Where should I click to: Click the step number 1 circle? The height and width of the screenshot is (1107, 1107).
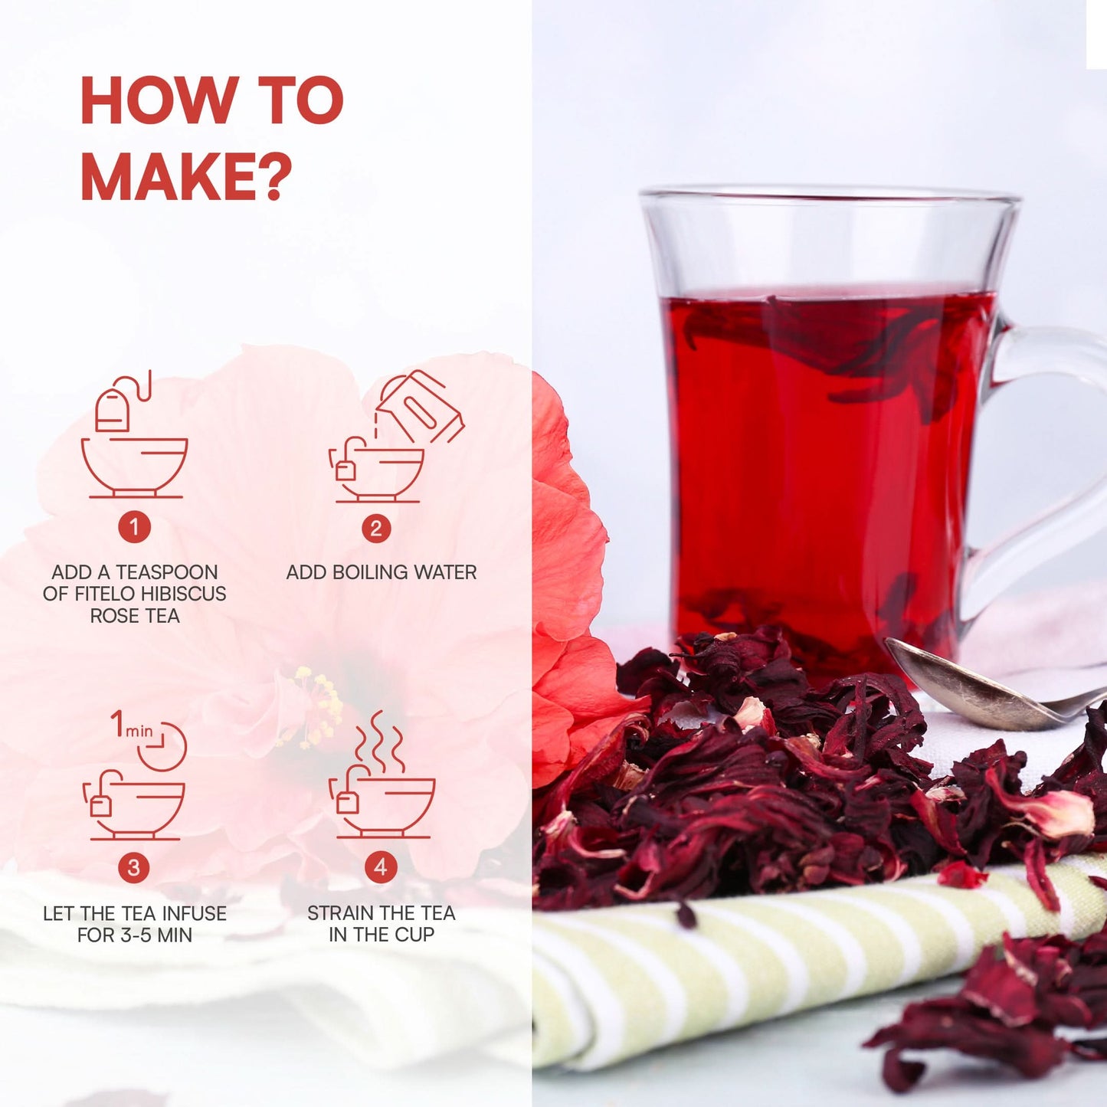pyautogui.click(x=134, y=527)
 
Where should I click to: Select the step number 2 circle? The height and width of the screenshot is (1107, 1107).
pyautogui.click(x=376, y=528)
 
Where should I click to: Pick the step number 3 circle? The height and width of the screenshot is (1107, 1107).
pyautogui.click(x=134, y=867)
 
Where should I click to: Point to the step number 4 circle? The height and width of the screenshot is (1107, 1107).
pyautogui.click(x=380, y=866)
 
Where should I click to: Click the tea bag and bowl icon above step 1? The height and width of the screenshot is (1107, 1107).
pyautogui.click(x=135, y=434)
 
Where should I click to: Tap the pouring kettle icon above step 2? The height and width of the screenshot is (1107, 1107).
pyautogui.click(x=396, y=437)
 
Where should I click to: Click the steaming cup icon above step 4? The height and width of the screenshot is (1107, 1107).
pyautogui.click(x=382, y=775)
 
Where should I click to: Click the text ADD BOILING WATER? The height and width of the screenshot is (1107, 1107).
pyautogui.click(x=382, y=572)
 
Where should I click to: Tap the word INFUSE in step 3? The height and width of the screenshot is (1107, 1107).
pyautogui.click(x=195, y=913)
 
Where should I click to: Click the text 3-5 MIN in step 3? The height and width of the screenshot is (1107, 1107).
pyautogui.click(x=156, y=935)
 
